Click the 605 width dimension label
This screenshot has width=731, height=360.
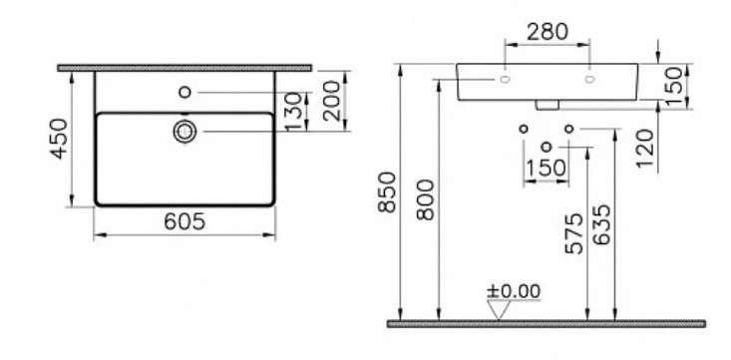pos(184,221)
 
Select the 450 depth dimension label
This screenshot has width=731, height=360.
pos(59,139)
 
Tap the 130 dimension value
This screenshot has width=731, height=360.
pos(294,112)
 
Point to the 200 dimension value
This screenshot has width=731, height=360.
pos(332,101)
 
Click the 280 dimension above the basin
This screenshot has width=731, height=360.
pos(548,32)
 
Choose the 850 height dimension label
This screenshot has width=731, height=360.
pos(387,192)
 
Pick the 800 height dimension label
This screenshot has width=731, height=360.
pos(425,200)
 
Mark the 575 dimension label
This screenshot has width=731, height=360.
pos(573,233)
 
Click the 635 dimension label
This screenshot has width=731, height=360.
pos(601,224)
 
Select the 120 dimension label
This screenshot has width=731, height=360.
pos(645,149)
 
